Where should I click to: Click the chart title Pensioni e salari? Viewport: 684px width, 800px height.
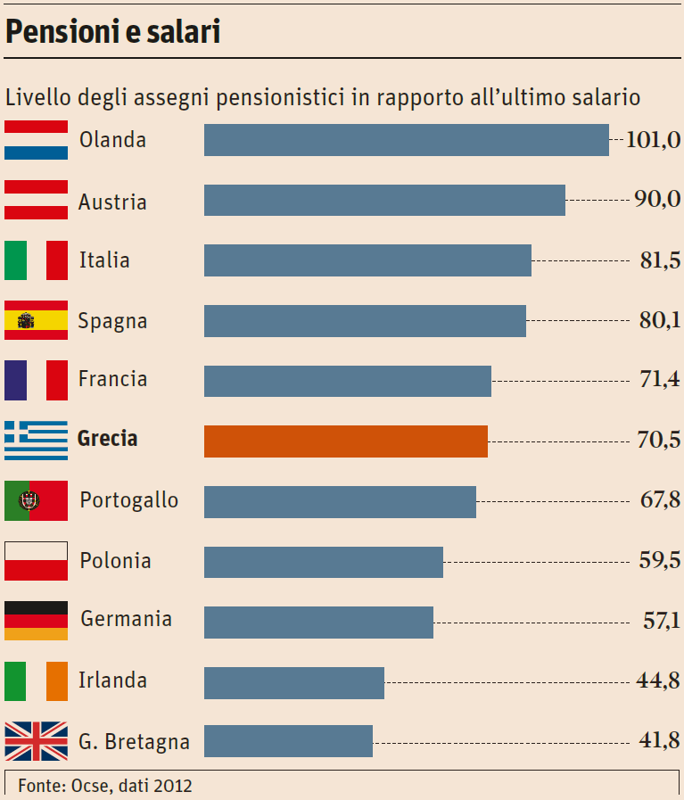pyautogui.click(x=113, y=33)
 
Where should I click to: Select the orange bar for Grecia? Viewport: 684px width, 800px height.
pyautogui.click(x=346, y=441)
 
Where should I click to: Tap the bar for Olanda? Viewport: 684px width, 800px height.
pyautogui.click(x=406, y=140)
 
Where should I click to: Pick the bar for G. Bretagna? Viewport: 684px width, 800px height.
pyautogui.click(x=288, y=741)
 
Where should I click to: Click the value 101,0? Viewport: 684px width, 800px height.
pyautogui.click(x=653, y=139)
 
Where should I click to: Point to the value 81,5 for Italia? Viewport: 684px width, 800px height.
pyautogui.click(x=659, y=260)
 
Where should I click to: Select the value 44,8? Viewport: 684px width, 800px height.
pyautogui.click(x=659, y=681)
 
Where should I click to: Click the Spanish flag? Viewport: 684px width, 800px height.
pyautogui.click(x=36, y=320)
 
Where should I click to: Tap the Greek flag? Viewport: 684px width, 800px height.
pyautogui.click(x=36, y=441)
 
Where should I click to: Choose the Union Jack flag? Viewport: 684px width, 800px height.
pyautogui.click(x=36, y=741)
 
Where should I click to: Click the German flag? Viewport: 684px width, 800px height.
pyautogui.click(x=36, y=621)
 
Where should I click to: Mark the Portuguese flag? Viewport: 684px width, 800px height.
pyautogui.click(x=36, y=500)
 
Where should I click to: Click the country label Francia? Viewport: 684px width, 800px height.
pyautogui.click(x=112, y=379)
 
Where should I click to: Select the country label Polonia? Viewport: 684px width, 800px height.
pyautogui.click(x=115, y=561)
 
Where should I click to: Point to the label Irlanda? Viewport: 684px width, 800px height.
pyautogui.click(x=112, y=680)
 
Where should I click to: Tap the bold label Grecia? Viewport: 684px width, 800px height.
pyautogui.click(x=108, y=439)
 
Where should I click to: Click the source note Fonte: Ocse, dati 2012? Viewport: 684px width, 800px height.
pyautogui.click(x=105, y=786)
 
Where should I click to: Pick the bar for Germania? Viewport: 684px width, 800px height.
pyautogui.click(x=318, y=622)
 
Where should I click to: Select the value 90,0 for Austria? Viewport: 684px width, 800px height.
pyautogui.click(x=657, y=199)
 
